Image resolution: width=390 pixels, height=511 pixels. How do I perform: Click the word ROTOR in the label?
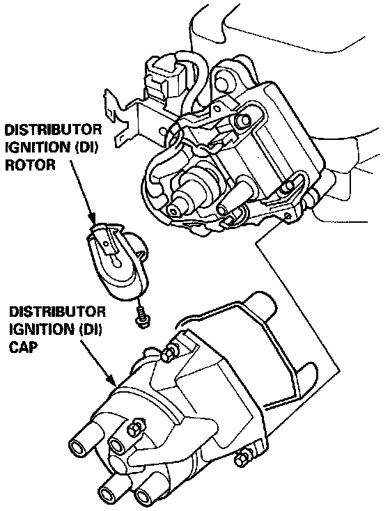click(x=31, y=165)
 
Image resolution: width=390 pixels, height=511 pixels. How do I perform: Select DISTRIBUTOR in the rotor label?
click(x=53, y=129)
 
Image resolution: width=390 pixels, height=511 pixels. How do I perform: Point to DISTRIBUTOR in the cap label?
click(x=57, y=312)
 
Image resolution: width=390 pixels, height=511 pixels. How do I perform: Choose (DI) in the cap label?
click(x=88, y=329)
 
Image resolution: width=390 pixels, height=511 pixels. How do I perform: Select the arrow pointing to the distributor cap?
click(x=97, y=363)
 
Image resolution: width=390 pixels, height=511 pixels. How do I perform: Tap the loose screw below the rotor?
click(x=141, y=316)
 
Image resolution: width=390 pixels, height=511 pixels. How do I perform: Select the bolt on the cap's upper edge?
click(x=169, y=352)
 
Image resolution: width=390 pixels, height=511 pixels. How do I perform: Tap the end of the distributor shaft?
click(x=175, y=212)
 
